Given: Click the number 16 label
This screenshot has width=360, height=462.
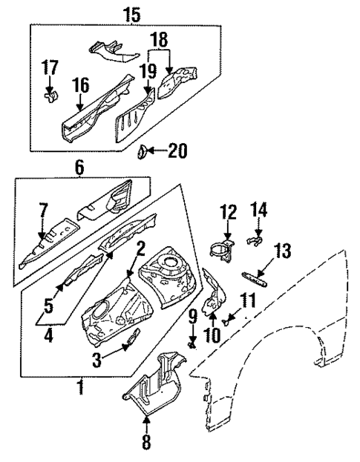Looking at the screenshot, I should tap(79, 88).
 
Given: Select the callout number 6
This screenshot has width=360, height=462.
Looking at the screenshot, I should tap(79, 170).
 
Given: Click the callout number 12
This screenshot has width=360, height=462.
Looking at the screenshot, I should tap(226, 214).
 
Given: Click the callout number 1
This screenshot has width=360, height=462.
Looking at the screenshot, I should tap(81, 387).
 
